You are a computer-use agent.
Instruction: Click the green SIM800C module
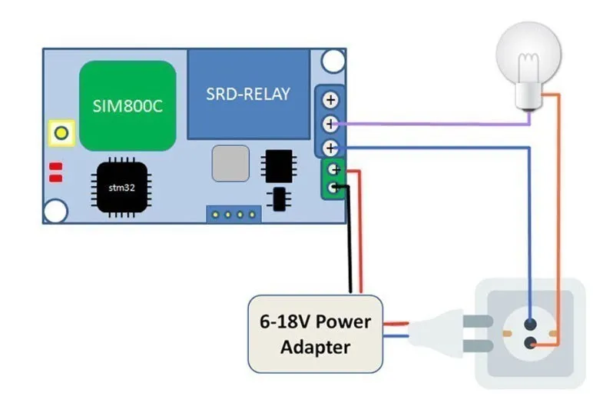127,105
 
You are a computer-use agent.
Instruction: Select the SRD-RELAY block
248,94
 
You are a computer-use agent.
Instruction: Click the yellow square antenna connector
61,134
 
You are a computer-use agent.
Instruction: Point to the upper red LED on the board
55,167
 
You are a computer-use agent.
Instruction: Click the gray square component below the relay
230,163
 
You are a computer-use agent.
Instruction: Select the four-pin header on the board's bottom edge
233,215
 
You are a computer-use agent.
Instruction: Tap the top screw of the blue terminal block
331,100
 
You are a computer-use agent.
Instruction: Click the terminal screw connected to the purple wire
331,123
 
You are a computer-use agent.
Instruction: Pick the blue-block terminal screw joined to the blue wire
331,147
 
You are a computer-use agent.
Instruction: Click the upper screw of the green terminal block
333,170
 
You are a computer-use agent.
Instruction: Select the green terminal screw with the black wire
333,188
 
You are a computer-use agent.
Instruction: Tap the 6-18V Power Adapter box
315,334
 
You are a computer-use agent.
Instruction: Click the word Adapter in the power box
315,347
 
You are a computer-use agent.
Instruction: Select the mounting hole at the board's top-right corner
333,60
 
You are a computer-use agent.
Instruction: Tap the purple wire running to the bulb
430,123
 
